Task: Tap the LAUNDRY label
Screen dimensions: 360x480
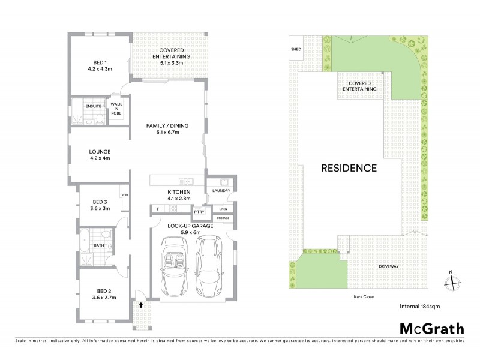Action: pos(221,191)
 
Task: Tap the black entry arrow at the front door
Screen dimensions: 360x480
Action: pos(141,305)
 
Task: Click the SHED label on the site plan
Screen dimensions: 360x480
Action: pos(295,49)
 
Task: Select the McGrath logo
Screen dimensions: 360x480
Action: pos(431,328)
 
